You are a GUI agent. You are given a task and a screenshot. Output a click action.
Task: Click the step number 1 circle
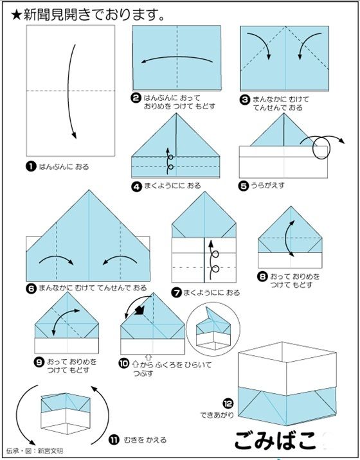(x=30, y=166)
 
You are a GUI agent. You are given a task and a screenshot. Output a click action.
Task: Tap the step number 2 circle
(x=136, y=98)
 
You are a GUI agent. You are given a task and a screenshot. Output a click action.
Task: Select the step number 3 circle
(x=245, y=100)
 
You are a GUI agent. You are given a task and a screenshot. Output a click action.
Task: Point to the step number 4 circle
(x=136, y=186)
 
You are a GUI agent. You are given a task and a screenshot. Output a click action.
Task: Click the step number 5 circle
(x=244, y=186)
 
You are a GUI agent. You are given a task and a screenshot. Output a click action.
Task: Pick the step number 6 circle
(x=31, y=288)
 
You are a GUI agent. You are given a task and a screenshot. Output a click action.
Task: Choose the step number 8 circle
(x=262, y=277)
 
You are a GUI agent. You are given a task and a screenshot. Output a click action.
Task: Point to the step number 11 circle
(x=113, y=439)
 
